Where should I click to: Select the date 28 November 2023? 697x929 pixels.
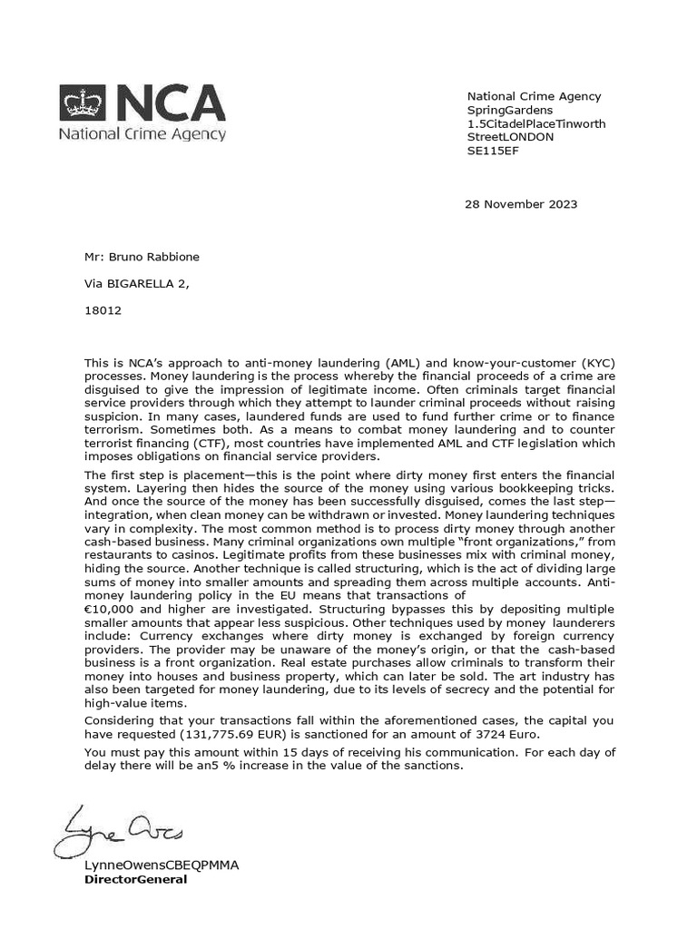pos(521,204)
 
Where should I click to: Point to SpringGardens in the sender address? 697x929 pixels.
pos(509,110)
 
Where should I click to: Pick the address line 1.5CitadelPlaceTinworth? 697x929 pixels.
pos(536,123)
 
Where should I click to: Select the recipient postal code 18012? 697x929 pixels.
pos(102,309)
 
